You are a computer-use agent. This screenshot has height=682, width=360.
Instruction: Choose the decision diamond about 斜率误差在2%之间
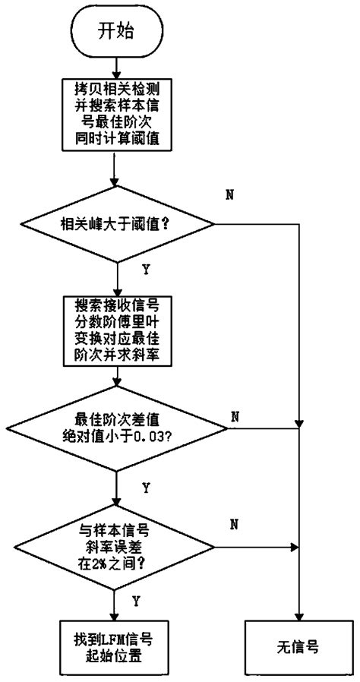115,545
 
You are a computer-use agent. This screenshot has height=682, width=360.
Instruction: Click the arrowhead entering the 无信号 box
301,617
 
